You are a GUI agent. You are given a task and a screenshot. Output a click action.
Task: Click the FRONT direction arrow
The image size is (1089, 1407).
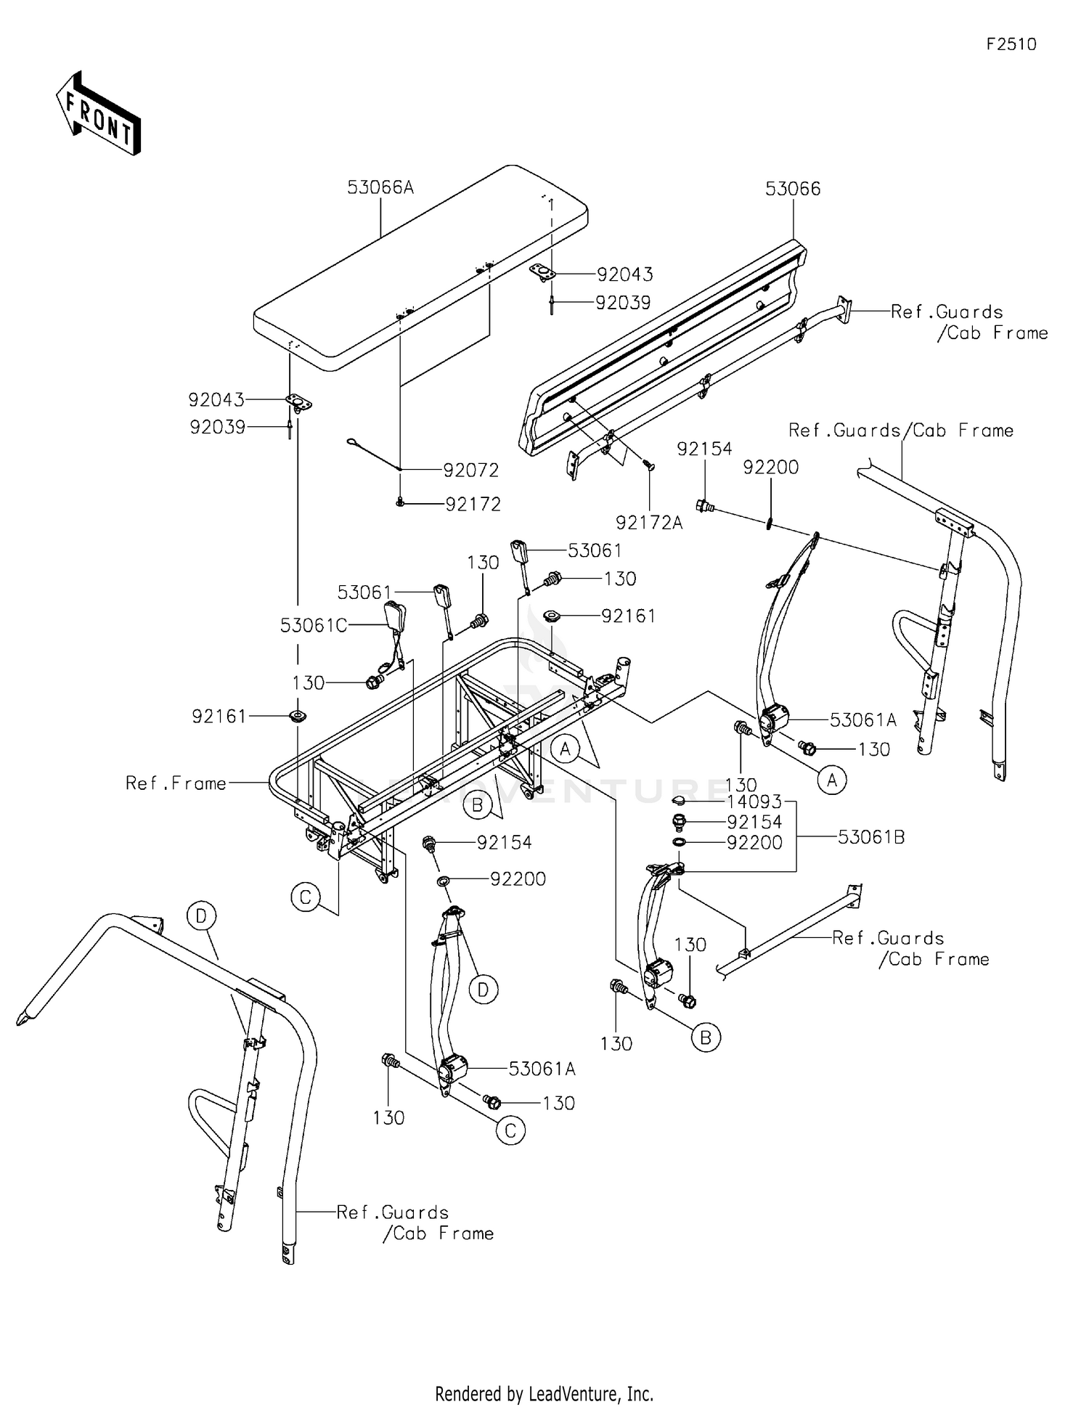(x=98, y=113)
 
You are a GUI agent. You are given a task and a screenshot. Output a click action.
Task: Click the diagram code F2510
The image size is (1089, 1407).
(x=1011, y=44)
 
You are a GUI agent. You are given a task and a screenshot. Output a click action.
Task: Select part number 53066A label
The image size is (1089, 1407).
(x=380, y=187)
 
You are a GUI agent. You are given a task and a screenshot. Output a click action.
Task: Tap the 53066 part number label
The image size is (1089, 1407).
(x=793, y=189)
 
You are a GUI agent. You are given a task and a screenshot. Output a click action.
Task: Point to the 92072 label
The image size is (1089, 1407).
(x=471, y=470)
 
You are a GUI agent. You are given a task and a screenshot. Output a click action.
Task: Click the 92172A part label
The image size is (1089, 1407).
(x=650, y=522)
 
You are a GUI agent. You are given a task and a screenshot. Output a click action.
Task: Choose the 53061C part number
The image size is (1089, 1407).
(x=314, y=625)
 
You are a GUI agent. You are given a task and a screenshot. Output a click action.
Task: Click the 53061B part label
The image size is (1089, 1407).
(x=871, y=837)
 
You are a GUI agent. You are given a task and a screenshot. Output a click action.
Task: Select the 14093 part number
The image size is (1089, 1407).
(x=754, y=802)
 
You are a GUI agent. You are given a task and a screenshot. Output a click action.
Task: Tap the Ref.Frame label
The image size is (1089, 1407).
(x=176, y=783)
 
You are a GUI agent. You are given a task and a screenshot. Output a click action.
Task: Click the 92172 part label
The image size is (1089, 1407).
(x=473, y=504)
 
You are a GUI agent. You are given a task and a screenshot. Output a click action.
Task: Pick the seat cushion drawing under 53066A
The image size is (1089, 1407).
(x=420, y=264)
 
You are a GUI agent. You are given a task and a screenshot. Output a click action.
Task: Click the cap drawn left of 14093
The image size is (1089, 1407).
(x=680, y=800)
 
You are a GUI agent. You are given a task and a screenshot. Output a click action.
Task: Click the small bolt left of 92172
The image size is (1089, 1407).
(x=400, y=502)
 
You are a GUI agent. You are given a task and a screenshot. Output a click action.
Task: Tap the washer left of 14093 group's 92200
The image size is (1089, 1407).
(x=678, y=842)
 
